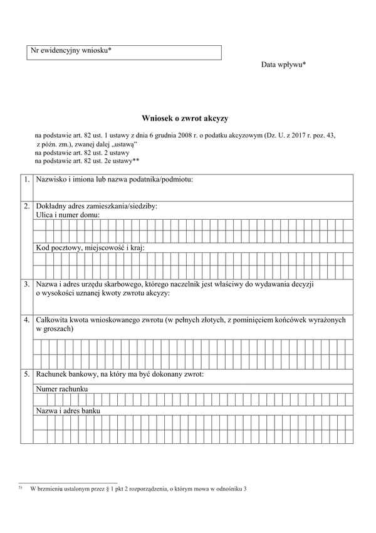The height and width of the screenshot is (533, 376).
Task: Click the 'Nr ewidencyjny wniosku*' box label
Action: click(x=71, y=50)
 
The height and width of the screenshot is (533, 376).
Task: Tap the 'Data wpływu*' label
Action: click(x=283, y=65)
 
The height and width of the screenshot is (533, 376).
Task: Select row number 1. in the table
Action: click(x=26, y=180)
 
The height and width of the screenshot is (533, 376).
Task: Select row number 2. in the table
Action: click(x=26, y=206)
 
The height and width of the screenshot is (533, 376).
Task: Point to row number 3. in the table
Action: click(x=26, y=284)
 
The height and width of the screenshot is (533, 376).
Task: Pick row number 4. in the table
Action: click(x=26, y=320)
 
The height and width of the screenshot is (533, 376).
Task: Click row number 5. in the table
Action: click(x=26, y=374)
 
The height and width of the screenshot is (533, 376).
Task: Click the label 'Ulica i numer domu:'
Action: click(x=68, y=215)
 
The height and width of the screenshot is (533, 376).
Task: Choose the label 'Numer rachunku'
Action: click(x=61, y=389)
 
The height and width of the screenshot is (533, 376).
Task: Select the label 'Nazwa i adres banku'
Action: click(x=68, y=411)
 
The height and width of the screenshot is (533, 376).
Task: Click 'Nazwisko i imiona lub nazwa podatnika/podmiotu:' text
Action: click(x=115, y=180)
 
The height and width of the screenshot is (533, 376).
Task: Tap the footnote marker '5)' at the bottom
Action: click(x=21, y=488)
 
